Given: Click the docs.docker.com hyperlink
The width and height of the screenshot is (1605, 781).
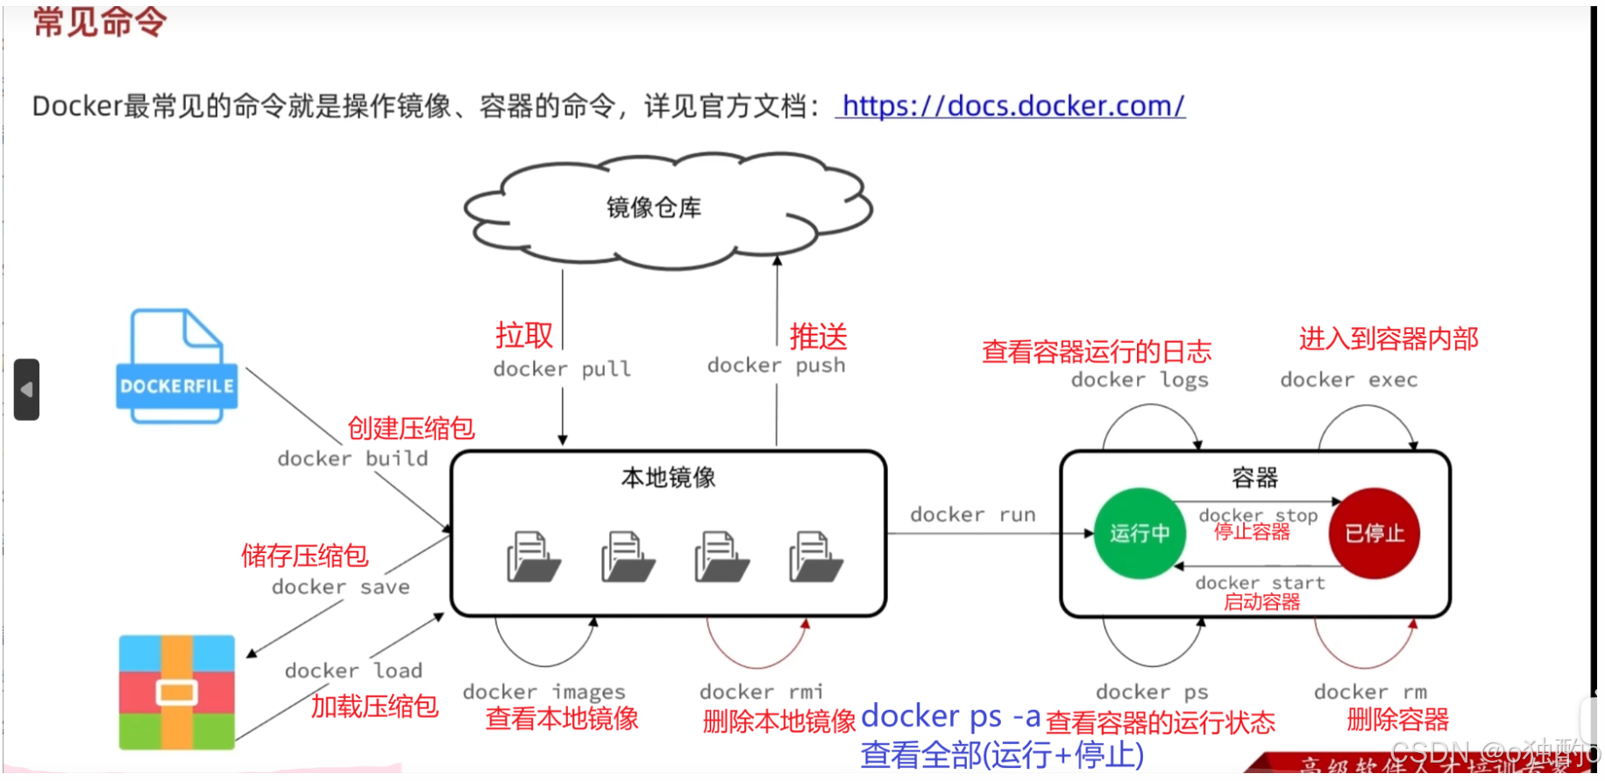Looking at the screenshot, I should [1012, 106].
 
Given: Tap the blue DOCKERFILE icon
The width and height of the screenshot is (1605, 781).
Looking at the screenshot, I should [176, 368].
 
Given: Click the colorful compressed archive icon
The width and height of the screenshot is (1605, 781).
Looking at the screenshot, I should [176, 692].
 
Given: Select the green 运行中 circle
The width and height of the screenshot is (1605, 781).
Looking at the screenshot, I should [1139, 533].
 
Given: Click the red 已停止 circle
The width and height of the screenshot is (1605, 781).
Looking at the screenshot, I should [1374, 533].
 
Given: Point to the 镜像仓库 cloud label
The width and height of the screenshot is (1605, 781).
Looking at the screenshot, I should [654, 208].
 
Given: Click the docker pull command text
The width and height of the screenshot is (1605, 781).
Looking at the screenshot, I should [562, 369].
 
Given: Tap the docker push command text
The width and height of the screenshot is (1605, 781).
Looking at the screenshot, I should [776, 366].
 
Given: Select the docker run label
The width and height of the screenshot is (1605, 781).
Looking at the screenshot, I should [972, 515].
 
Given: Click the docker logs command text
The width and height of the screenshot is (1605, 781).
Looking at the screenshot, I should [1140, 380].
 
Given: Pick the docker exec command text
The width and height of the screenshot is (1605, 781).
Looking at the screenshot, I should [1348, 380].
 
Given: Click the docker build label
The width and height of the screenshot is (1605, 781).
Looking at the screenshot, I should [352, 458].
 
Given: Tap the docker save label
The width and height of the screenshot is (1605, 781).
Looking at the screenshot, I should [340, 586].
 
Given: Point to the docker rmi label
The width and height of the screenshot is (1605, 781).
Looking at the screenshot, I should [761, 692].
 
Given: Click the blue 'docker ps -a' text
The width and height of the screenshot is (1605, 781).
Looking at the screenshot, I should [950, 716].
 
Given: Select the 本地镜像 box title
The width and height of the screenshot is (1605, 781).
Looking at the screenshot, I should [668, 478].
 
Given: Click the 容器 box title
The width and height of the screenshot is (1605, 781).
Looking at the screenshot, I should [1254, 478].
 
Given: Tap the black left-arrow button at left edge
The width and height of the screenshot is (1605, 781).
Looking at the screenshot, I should [26, 389].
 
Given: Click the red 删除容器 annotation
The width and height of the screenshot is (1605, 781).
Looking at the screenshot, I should [1397, 720].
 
